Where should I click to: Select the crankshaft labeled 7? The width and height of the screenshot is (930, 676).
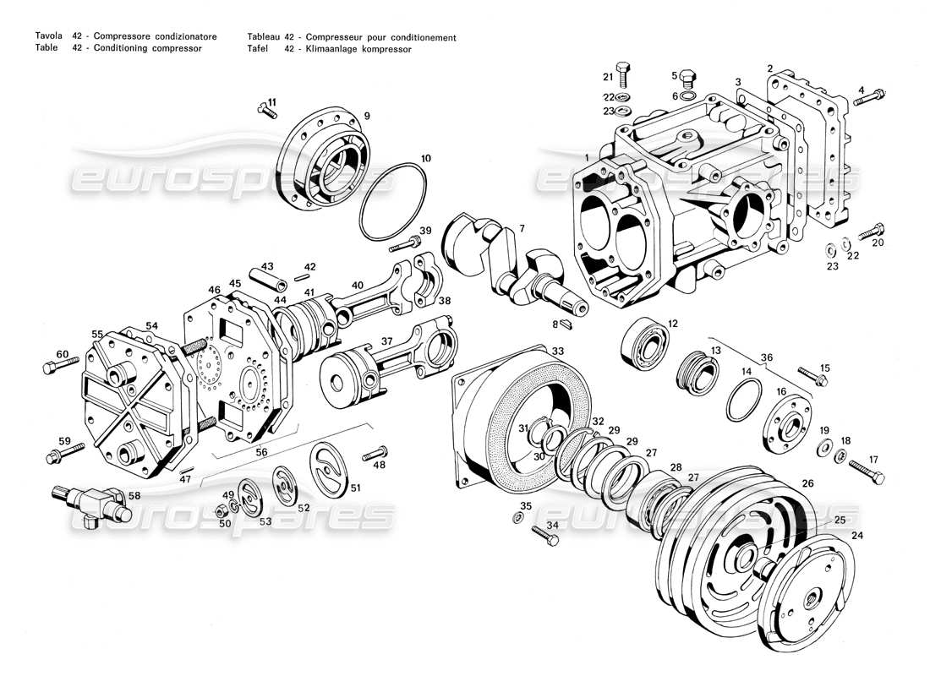[x=507, y=258]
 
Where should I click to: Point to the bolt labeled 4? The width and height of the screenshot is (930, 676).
[x=870, y=98]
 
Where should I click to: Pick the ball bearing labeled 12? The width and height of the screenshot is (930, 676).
[x=647, y=344]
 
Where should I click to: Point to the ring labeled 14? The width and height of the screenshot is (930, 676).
[x=741, y=400]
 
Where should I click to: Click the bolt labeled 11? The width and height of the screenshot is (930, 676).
[x=266, y=112]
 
